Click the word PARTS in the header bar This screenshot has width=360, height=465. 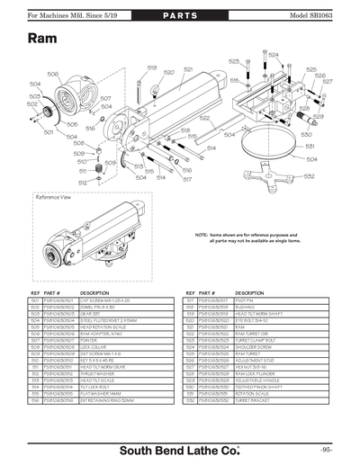tap(180, 17)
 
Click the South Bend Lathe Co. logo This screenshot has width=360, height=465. tap(179, 448)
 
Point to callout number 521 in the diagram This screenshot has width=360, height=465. tap(189, 69)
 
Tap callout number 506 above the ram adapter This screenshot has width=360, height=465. tap(53, 74)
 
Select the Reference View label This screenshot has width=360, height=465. tap(53, 196)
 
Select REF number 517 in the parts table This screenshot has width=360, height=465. tap(191, 300)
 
